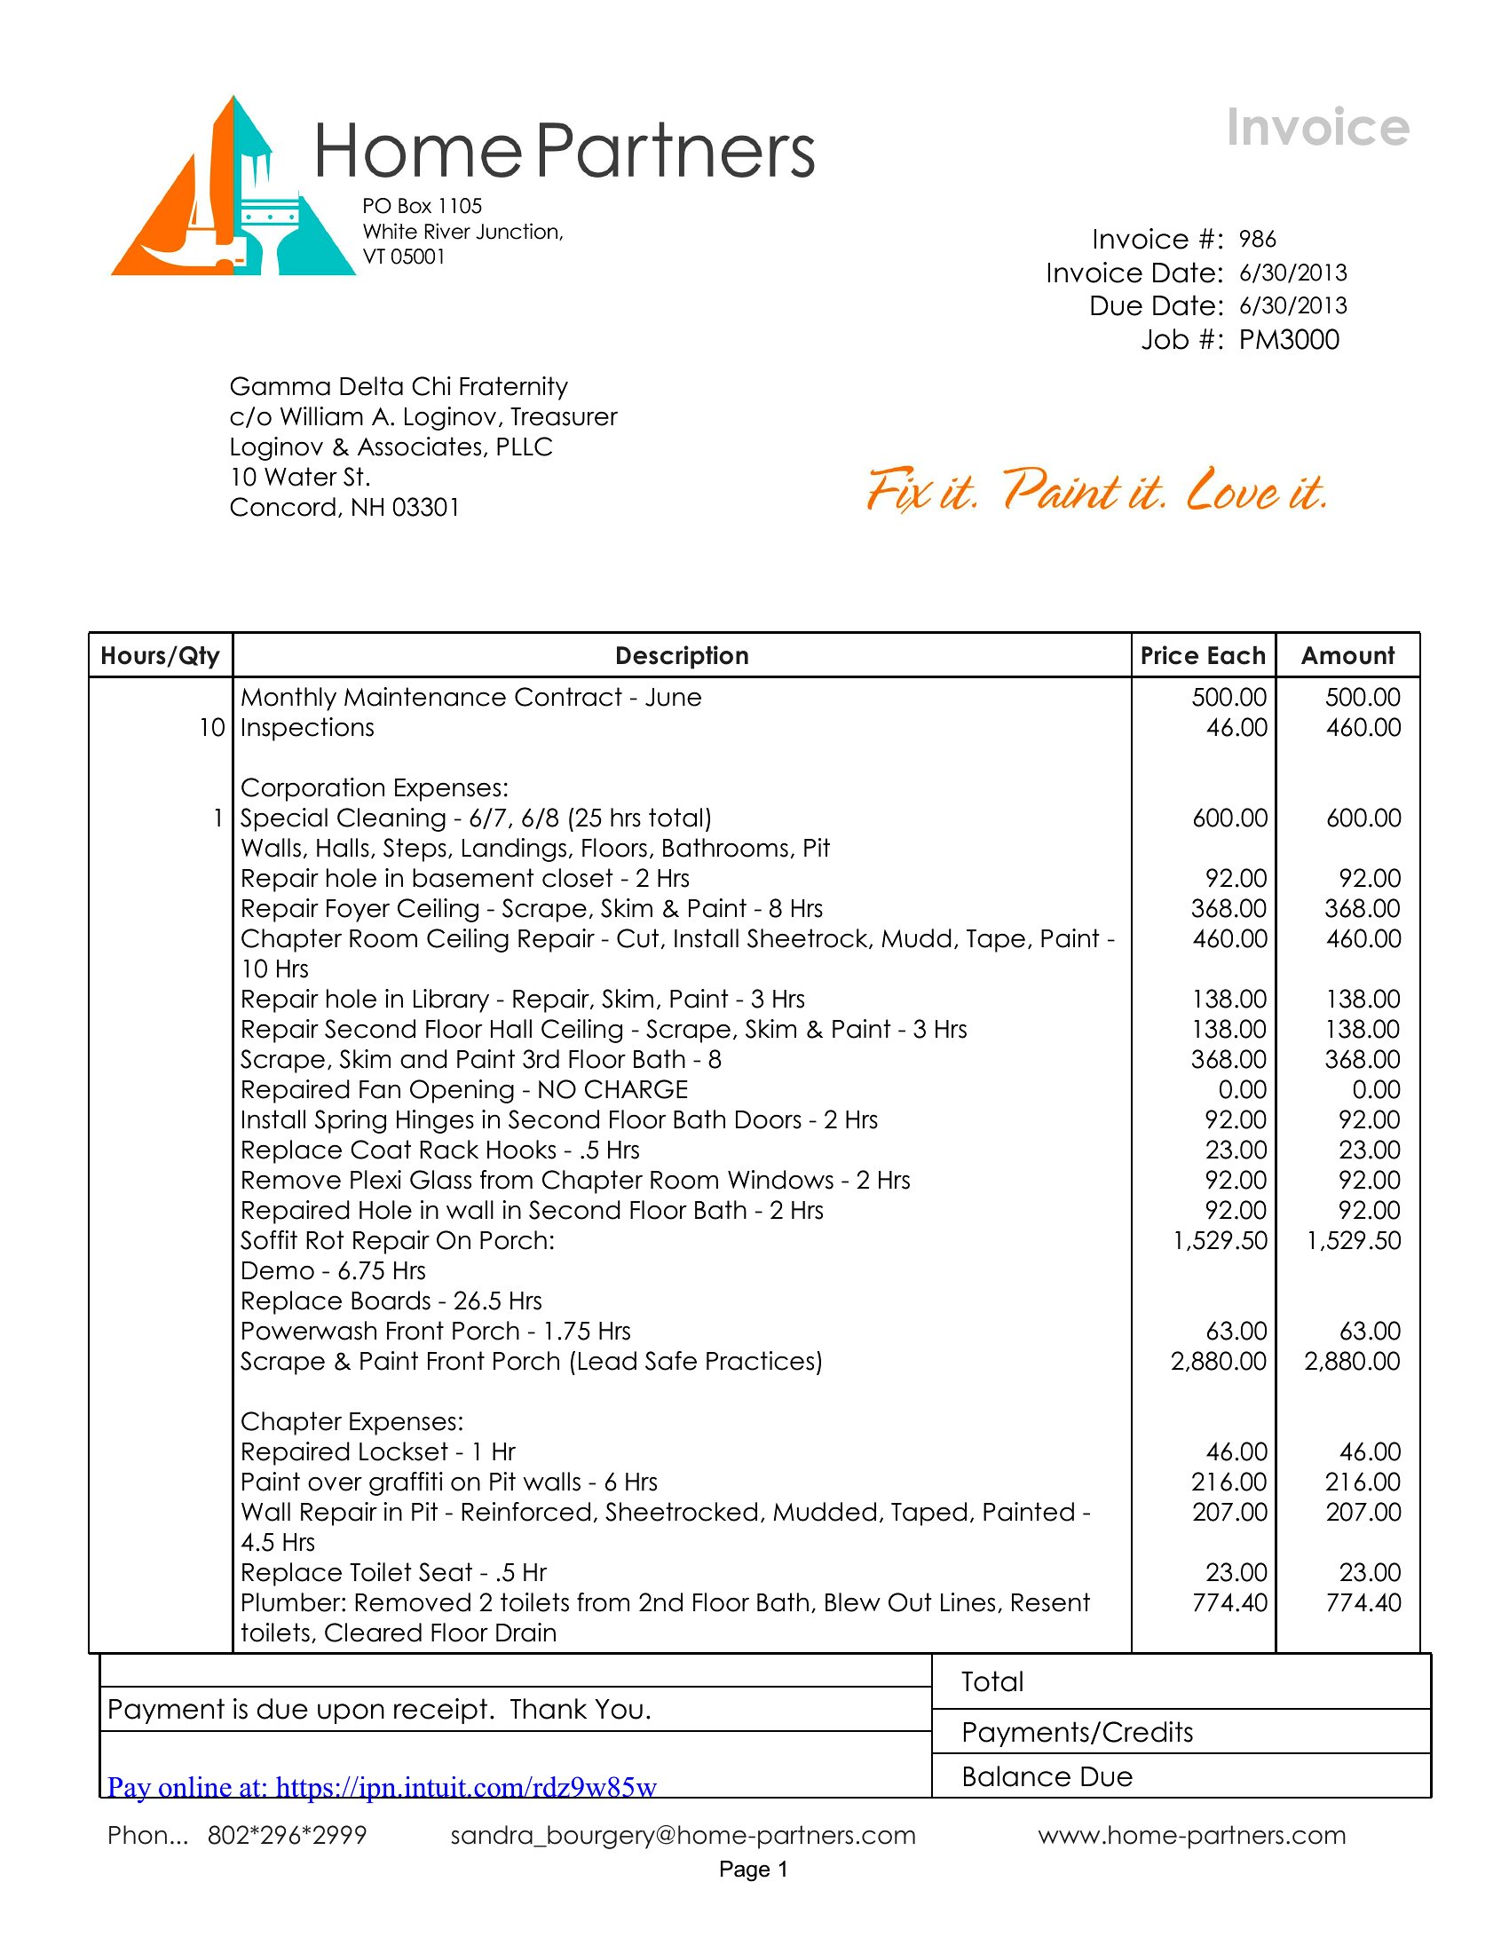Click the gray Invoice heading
(1316, 128)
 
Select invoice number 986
(1257, 240)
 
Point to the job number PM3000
(1288, 340)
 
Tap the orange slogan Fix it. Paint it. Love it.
(1097, 491)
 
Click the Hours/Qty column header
(160, 656)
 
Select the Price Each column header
(1203, 656)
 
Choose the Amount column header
(1347, 656)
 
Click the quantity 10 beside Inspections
(212, 728)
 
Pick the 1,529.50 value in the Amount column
(1354, 1241)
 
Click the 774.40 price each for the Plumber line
(1229, 1602)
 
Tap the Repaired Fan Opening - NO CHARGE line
(464, 1090)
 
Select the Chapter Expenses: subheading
(352, 1422)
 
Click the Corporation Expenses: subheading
(374, 787)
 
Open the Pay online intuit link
(382, 1788)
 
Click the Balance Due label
(1047, 1777)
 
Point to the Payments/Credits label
(1078, 1733)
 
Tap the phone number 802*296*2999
(287, 1836)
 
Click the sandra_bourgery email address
(683, 1836)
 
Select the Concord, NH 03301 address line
(344, 508)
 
